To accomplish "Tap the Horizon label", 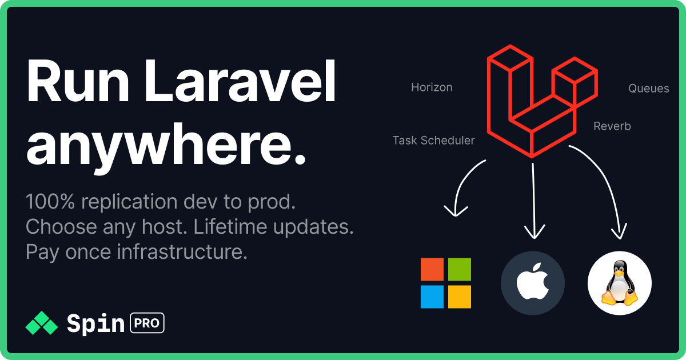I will [x=432, y=87].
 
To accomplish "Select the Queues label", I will [x=648, y=89].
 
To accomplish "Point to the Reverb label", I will [x=612, y=126].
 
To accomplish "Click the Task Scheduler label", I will [x=433, y=141].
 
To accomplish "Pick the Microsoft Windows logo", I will [x=446, y=283].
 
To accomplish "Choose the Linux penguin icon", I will [x=620, y=283].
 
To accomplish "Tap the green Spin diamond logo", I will [x=42, y=323].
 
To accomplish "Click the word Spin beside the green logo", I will [x=95, y=324].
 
